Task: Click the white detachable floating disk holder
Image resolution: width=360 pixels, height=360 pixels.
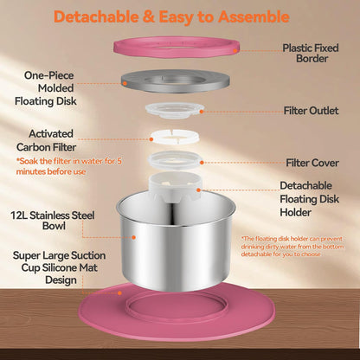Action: (175, 184)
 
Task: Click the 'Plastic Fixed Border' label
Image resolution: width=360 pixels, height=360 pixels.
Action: (311, 54)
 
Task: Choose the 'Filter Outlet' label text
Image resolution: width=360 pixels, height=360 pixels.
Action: (311, 111)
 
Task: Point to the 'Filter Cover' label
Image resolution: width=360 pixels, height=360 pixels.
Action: (312, 163)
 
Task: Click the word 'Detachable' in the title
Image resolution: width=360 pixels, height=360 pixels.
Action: (96, 16)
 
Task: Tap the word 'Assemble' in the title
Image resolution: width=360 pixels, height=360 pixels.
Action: (254, 16)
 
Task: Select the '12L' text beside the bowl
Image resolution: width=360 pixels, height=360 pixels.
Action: (19, 215)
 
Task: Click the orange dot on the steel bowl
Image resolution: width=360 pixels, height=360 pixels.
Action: (134, 237)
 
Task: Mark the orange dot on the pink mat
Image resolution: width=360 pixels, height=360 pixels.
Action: (119, 293)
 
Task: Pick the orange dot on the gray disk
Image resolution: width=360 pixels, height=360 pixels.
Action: (125, 83)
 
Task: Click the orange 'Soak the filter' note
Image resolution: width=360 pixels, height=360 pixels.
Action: (69, 166)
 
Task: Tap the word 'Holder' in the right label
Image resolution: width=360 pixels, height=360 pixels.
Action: (295, 213)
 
